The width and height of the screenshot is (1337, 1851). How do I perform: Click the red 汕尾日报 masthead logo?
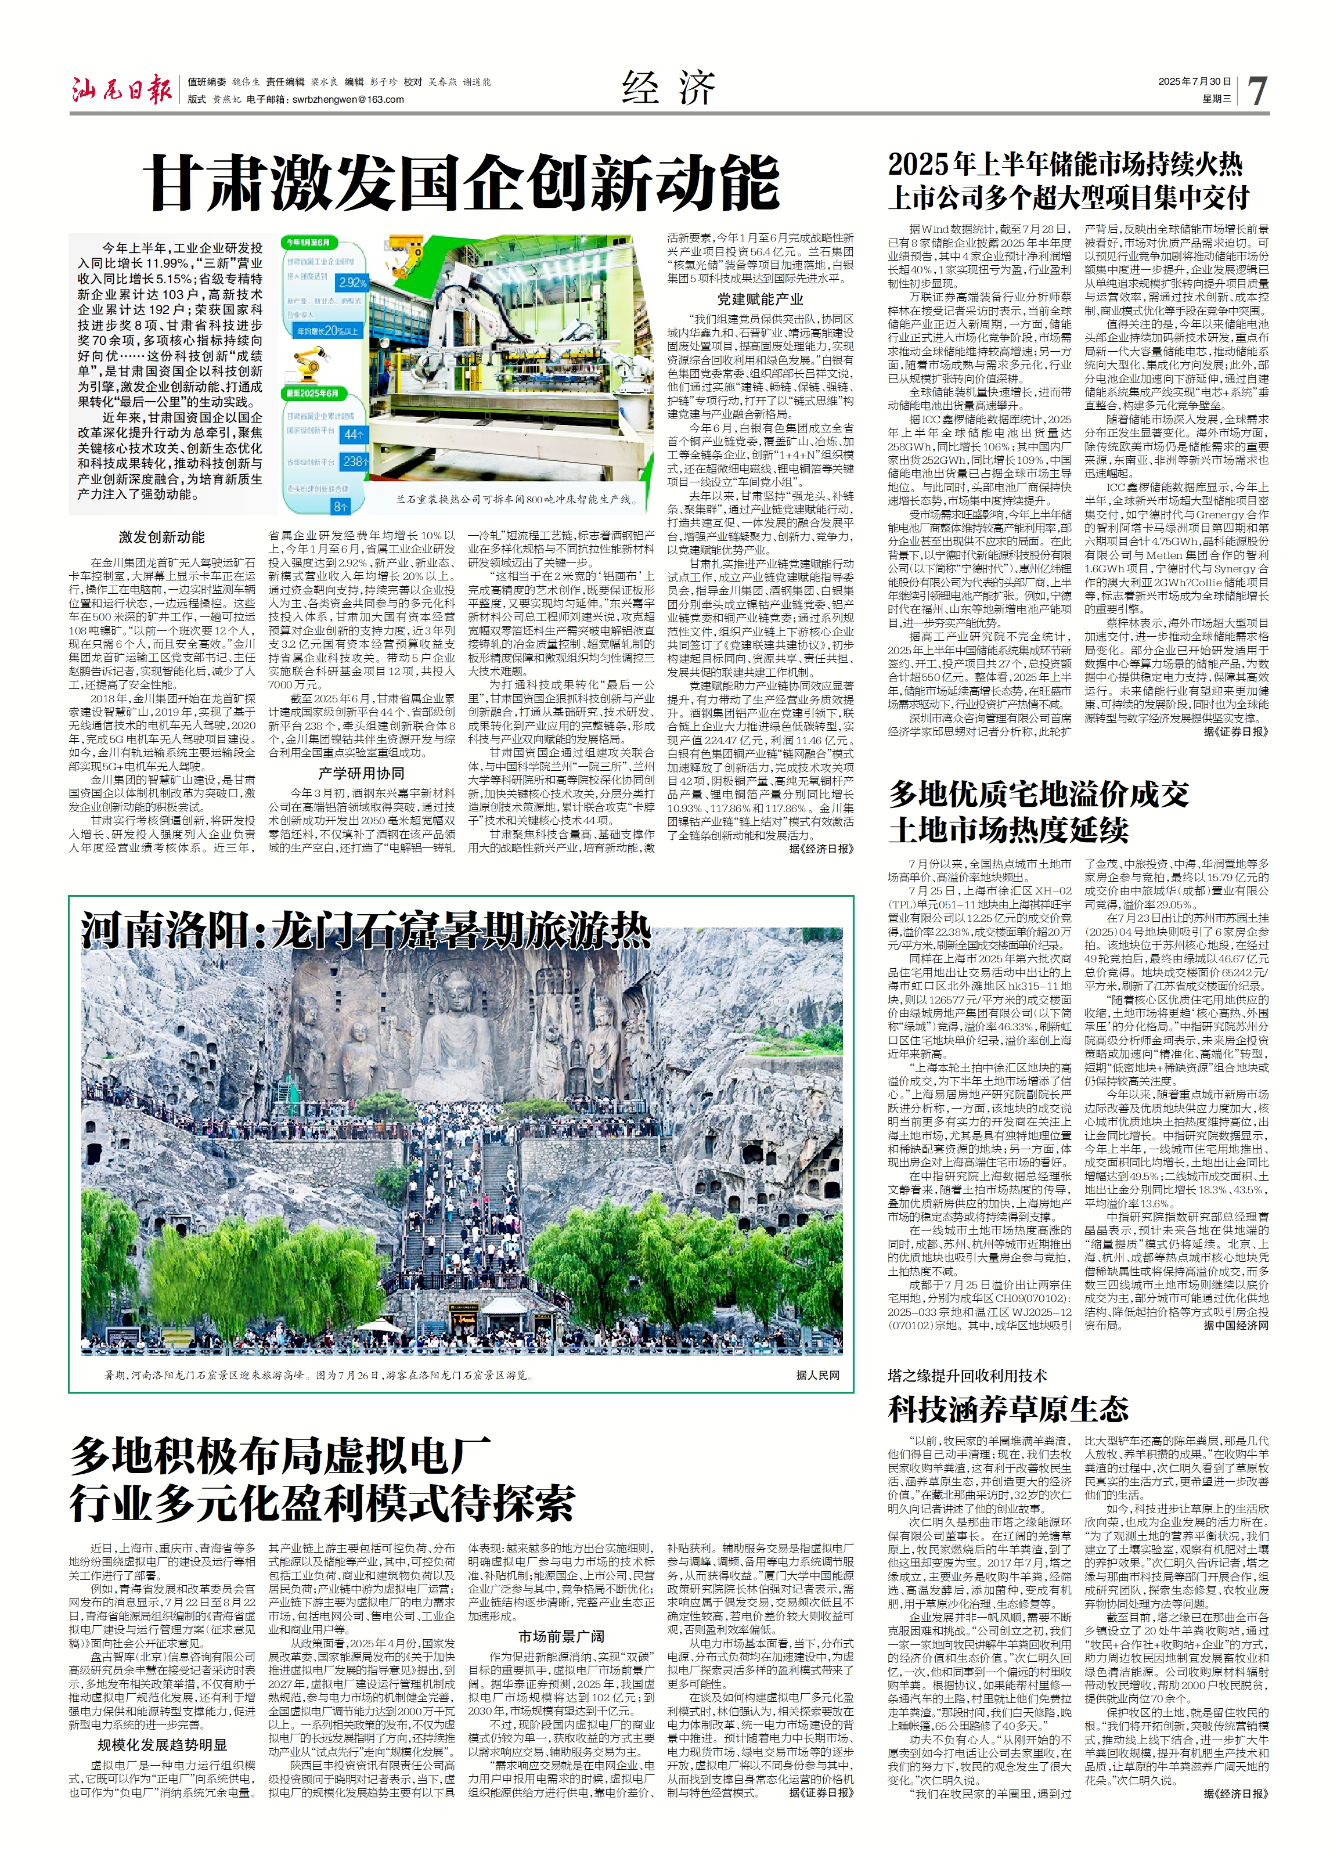tap(121, 88)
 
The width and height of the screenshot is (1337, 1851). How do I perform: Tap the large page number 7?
tap(1257, 90)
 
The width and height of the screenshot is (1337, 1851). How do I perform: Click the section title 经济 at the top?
tap(669, 86)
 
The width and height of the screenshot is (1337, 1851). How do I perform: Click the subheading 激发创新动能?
tap(161, 537)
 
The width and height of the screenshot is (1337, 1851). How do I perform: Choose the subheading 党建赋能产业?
tap(760, 300)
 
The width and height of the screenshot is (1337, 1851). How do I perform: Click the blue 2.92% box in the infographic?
tap(352, 283)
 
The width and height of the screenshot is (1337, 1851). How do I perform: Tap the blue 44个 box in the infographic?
tap(354, 434)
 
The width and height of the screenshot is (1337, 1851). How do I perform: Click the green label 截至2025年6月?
tap(312, 394)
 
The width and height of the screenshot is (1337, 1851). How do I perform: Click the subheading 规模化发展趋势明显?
tap(163, 1745)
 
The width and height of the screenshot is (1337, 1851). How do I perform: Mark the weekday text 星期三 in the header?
tap(1216, 99)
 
